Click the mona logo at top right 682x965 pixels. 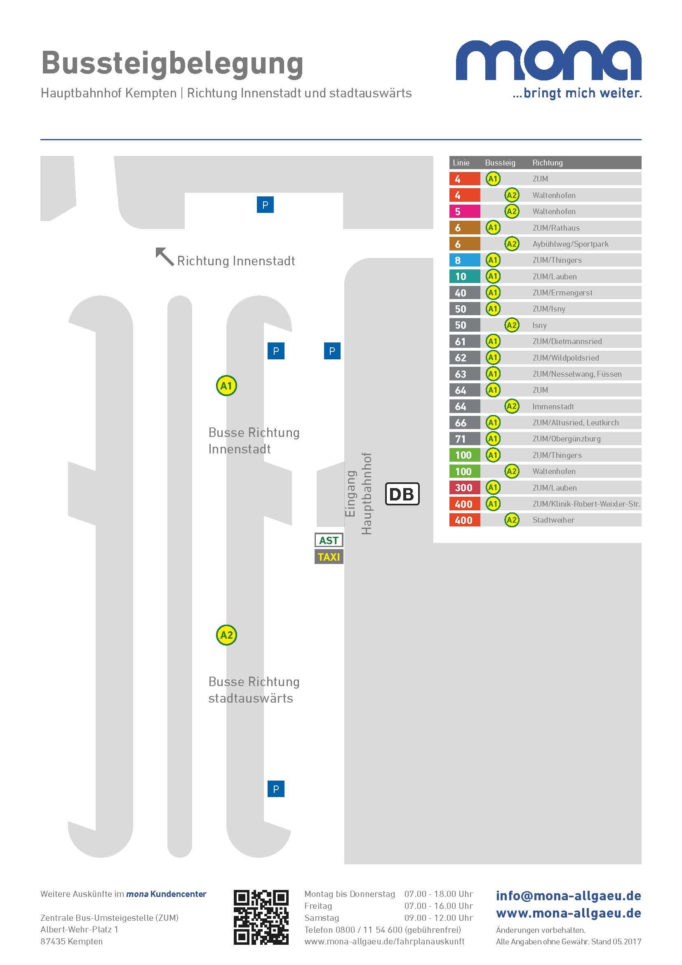(548, 69)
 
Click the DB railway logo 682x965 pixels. (402, 494)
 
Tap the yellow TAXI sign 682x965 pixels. (329, 557)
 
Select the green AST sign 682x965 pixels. (329, 540)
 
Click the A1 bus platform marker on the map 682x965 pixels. (226, 385)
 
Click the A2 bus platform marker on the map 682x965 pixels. (226, 635)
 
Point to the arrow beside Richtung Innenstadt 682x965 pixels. (164, 256)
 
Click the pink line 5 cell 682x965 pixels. (464, 211)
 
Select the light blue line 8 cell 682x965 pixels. (464, 260)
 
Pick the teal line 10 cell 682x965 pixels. (464, 276)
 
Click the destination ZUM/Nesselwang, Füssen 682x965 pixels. (577, 374)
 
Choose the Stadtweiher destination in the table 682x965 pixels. (553, 520)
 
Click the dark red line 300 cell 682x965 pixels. (464, 488)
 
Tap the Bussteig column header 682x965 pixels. (500, 163)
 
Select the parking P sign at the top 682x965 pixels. (265, 205)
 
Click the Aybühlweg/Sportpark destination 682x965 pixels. (570, 244)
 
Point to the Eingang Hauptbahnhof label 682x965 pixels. (359, 494)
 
